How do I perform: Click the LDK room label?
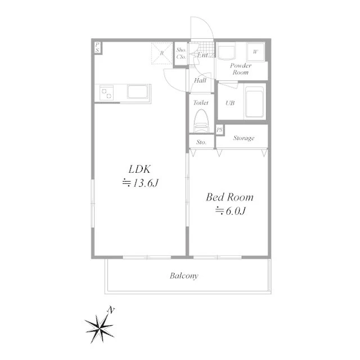pos(139,169)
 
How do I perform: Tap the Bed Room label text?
pos(229,197)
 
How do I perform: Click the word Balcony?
pos(184,276)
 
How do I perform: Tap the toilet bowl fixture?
pos(201,120)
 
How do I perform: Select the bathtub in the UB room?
pos(254,102)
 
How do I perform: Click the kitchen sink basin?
pos(137,92)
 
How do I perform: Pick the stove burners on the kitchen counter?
pos(106,93)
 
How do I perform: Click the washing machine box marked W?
pos(255,52)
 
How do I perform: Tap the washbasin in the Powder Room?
pos(226,52)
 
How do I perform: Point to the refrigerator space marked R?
pos(162,53)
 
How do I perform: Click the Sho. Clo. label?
pos(181,53)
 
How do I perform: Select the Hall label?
pos(200,80)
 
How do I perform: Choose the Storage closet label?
pos(244,138)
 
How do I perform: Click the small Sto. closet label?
pos(201,142)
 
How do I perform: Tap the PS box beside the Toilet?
pos(220,130)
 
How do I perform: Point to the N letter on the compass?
pos(111,310)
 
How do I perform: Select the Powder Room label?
pos(240,69)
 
